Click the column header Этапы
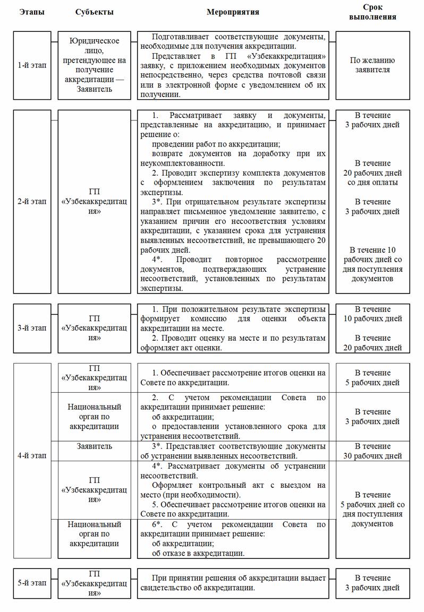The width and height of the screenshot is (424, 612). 32,12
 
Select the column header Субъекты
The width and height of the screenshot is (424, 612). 95,12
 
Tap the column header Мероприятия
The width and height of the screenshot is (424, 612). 233,12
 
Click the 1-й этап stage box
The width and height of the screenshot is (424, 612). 32,65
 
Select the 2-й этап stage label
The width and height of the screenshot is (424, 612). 32,202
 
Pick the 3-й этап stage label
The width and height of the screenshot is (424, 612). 32,328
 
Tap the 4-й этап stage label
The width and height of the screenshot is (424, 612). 32,455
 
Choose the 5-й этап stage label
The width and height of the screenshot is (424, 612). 32,583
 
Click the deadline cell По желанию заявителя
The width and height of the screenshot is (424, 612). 372,65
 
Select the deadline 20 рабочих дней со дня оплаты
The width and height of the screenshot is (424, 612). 372,173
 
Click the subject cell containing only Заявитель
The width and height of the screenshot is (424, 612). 95,446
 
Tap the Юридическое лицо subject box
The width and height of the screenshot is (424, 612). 95,65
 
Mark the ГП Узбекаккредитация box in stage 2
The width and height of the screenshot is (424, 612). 95,202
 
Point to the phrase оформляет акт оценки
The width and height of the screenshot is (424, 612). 181,348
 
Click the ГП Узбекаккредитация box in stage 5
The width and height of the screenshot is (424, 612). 95,583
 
